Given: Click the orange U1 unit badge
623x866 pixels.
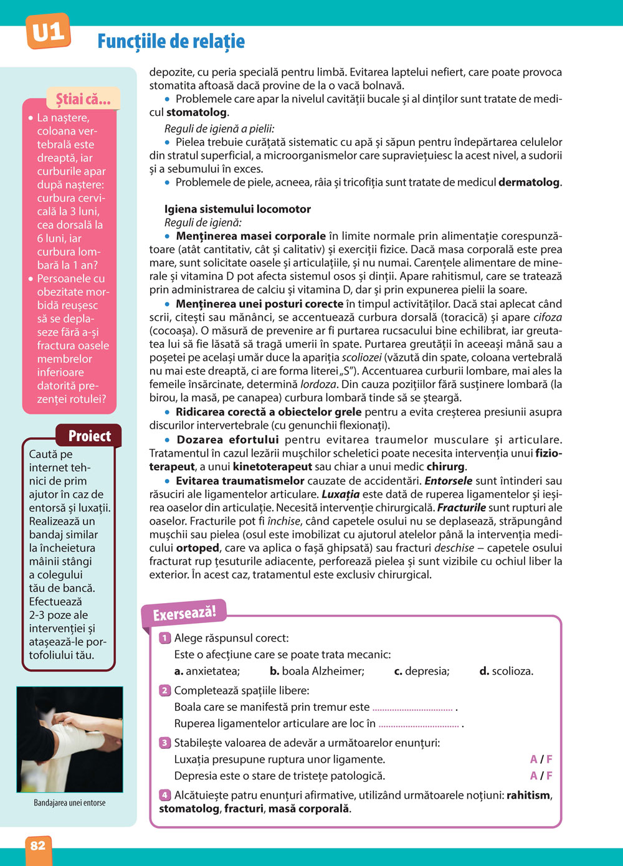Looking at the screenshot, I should point(48,32).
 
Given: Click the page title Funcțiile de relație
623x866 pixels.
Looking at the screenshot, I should point(171,42).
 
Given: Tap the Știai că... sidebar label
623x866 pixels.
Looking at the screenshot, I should point(83,99).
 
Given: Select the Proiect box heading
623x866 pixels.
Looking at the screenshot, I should point(89,436).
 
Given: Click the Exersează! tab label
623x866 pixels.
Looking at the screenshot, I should point(184,613).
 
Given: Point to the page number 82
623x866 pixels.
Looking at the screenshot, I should point(38,845).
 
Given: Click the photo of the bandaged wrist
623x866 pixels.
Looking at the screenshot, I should point(70,739).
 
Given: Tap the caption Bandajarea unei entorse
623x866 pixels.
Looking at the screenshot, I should point(70,803).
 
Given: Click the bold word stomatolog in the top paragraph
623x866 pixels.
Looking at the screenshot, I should point(196,113).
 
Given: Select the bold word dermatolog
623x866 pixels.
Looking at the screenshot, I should point(529,183).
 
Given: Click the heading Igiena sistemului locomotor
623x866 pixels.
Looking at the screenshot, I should point(237,209).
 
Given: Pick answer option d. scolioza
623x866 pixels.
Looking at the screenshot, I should point(506,671).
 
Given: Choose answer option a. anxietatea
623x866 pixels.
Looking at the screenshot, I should point(207,671).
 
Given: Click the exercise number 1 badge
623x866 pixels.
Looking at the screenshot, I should point(165,638).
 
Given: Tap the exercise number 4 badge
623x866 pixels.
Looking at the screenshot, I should point(165,795).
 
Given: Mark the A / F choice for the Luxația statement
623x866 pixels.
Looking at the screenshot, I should point(541,759).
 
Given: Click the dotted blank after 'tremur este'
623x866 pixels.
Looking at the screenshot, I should point(412,708).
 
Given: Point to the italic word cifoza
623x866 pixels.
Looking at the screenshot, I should point(548,317).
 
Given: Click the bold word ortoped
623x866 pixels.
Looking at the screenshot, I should point(197,548).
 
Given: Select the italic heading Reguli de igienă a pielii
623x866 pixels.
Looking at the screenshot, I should point(219,129).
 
